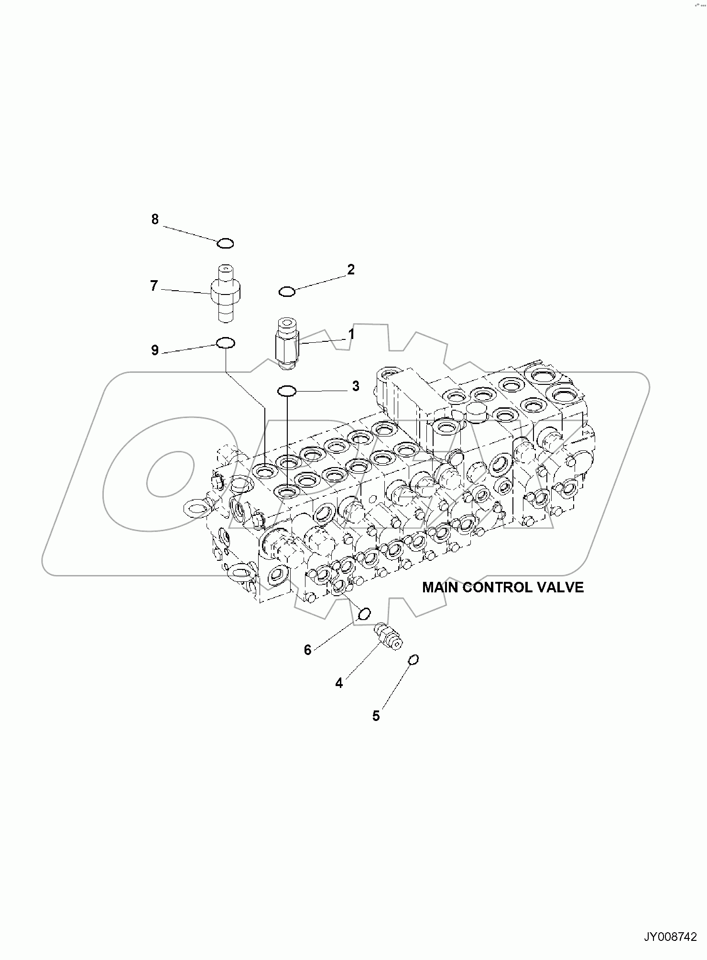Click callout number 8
pos(155,219)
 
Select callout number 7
pos(154,286)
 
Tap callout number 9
pos(155,350)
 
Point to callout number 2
pos(351,270)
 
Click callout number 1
pos(351,334)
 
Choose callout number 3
pos(356,386)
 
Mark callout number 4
pos(339,683)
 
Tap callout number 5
pos(376,716)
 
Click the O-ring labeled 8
pos(225,244)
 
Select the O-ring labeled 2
pos(287,291)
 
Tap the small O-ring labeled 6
pos(364,614)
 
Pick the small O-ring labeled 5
pos(413,660)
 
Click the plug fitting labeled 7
pos(225,292)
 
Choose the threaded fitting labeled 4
pos(388,637)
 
